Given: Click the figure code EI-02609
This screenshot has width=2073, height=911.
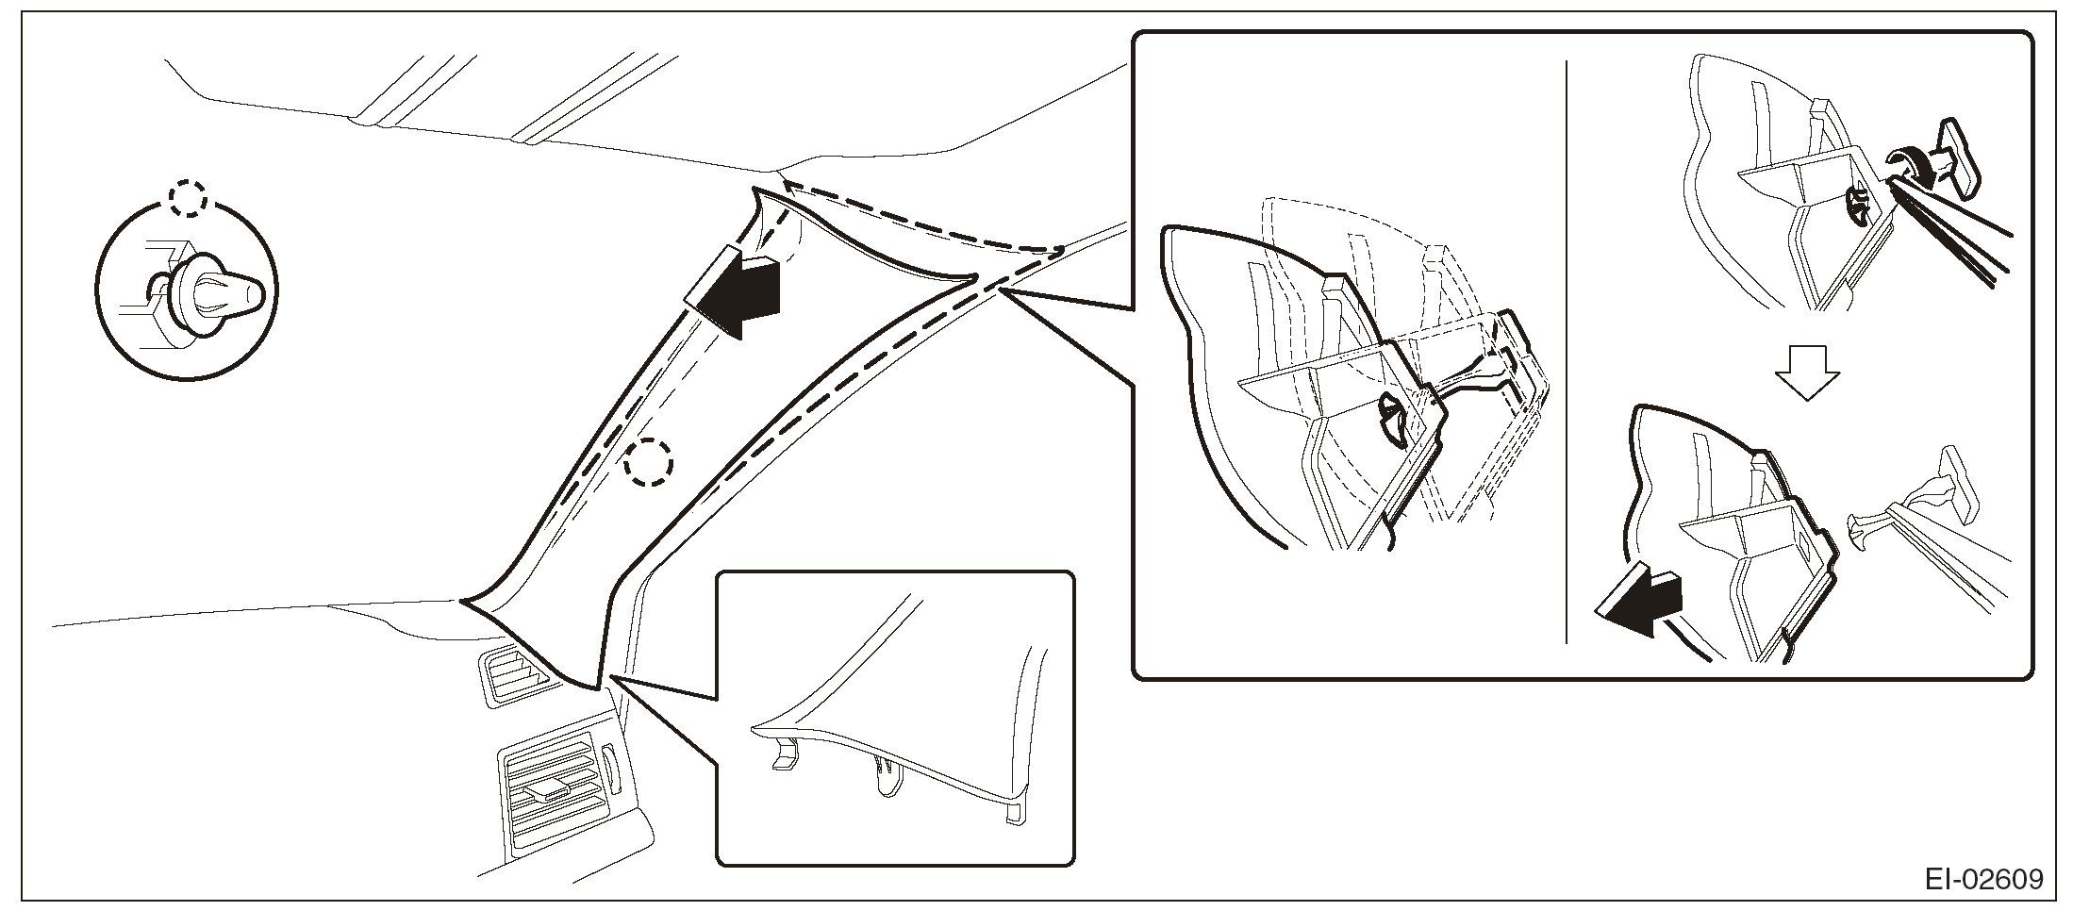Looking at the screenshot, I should point(1984,880).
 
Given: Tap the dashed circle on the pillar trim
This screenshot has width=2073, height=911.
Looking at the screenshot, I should point(649,463).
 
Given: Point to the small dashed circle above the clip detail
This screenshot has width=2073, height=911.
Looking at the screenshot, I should point(188,198).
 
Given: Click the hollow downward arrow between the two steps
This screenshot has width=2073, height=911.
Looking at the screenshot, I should point(1806,372).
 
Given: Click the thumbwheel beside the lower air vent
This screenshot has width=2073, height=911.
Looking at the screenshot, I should point(608,769).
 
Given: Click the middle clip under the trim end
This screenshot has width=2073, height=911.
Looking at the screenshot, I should point(886,775).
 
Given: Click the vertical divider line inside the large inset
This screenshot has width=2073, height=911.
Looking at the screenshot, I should point(1566,349).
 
